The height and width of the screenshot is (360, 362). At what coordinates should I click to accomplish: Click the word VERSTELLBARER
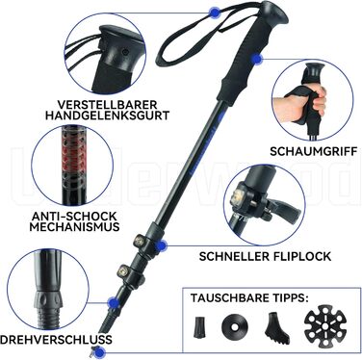107,104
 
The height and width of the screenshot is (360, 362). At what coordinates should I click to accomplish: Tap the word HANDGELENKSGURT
107,116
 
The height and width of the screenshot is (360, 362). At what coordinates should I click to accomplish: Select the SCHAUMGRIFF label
313,151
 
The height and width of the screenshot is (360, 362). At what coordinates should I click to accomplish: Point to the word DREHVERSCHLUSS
56,339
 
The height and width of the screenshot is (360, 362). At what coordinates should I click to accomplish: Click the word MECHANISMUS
74,227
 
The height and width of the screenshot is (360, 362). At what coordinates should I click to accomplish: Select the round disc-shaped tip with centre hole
234,327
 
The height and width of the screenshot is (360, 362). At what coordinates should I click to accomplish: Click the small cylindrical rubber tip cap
199,327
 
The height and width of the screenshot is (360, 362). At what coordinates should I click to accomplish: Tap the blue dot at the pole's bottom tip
100,352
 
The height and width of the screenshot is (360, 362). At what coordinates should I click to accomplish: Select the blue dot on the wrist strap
214,13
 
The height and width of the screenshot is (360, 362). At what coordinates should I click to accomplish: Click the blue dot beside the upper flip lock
163,245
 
